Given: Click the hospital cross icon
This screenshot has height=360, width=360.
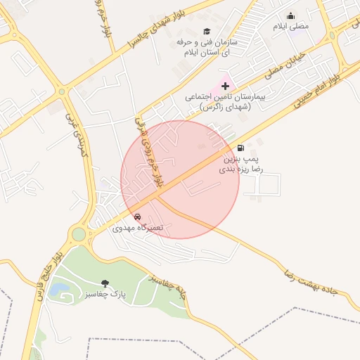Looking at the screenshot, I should [225, 85].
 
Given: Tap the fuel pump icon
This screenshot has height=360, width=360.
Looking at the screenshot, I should [242, 148].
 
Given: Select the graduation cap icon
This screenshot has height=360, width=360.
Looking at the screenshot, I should [207, 31].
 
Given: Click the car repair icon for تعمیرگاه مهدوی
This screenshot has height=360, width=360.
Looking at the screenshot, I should [137, 217].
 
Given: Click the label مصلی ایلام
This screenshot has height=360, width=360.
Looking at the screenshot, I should [291, 26].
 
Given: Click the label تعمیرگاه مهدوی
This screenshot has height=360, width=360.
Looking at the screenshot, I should [138, 229].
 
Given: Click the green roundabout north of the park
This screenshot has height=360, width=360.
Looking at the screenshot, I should [78, 233].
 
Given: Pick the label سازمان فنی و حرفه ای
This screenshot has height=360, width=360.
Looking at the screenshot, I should [207, 47].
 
